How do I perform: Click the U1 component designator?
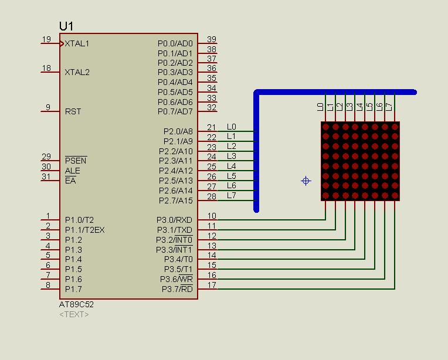66,26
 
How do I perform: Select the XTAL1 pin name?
77,43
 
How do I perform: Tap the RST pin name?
73,111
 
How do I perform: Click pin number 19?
46,39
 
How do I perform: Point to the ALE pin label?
72,171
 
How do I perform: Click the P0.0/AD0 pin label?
175,43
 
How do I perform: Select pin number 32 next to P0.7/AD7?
212,107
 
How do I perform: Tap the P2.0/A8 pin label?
178,131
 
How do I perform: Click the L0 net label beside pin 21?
232,127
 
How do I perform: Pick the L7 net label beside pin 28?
232,195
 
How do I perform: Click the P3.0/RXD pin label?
174,220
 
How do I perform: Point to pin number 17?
212,285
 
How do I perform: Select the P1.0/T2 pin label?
79,220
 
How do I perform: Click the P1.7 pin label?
73,289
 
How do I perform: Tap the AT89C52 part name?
76,304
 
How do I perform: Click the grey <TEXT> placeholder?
74,315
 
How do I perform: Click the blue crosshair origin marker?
306,181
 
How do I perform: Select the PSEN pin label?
76,161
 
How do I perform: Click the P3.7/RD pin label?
177,289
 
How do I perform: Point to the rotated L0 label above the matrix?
320,107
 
